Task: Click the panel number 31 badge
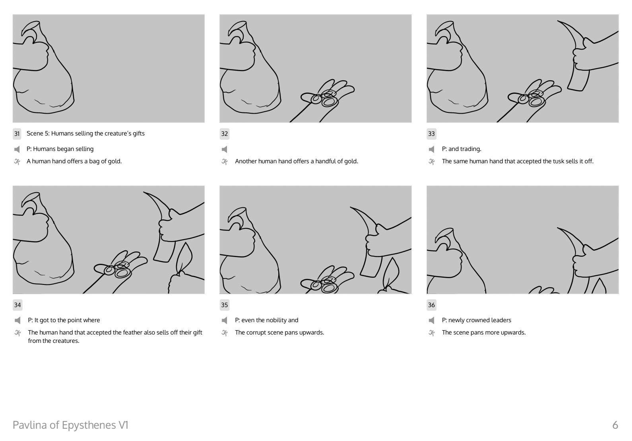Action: pyautogui.click(x=17, y=133)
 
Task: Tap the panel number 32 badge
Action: pyautogui.click(x=224, y=133)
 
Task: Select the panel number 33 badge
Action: pyautogui.click(x=431, y=133)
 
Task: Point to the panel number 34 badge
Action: pyautogui.click(x=17, y=305)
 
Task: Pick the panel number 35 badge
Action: pyautogui.click(x=224, y=305)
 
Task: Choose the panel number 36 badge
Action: pyautogui.click(x=431, y=305)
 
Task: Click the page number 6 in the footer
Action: pyautogui.click(x=615, y=425)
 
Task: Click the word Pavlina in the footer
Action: pyautogui.click(x=30, y=425)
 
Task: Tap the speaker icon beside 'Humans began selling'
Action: pyautogui.click(x=17, y=149)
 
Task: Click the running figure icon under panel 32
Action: pyautogui.click(x=225, y=162)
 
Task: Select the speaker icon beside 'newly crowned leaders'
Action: pyautogui.click(x=431, y=320)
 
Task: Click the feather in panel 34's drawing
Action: pyautogui.click(x=184, y=258)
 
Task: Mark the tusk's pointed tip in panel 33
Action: pyautogui.click(x=558, y=21)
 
